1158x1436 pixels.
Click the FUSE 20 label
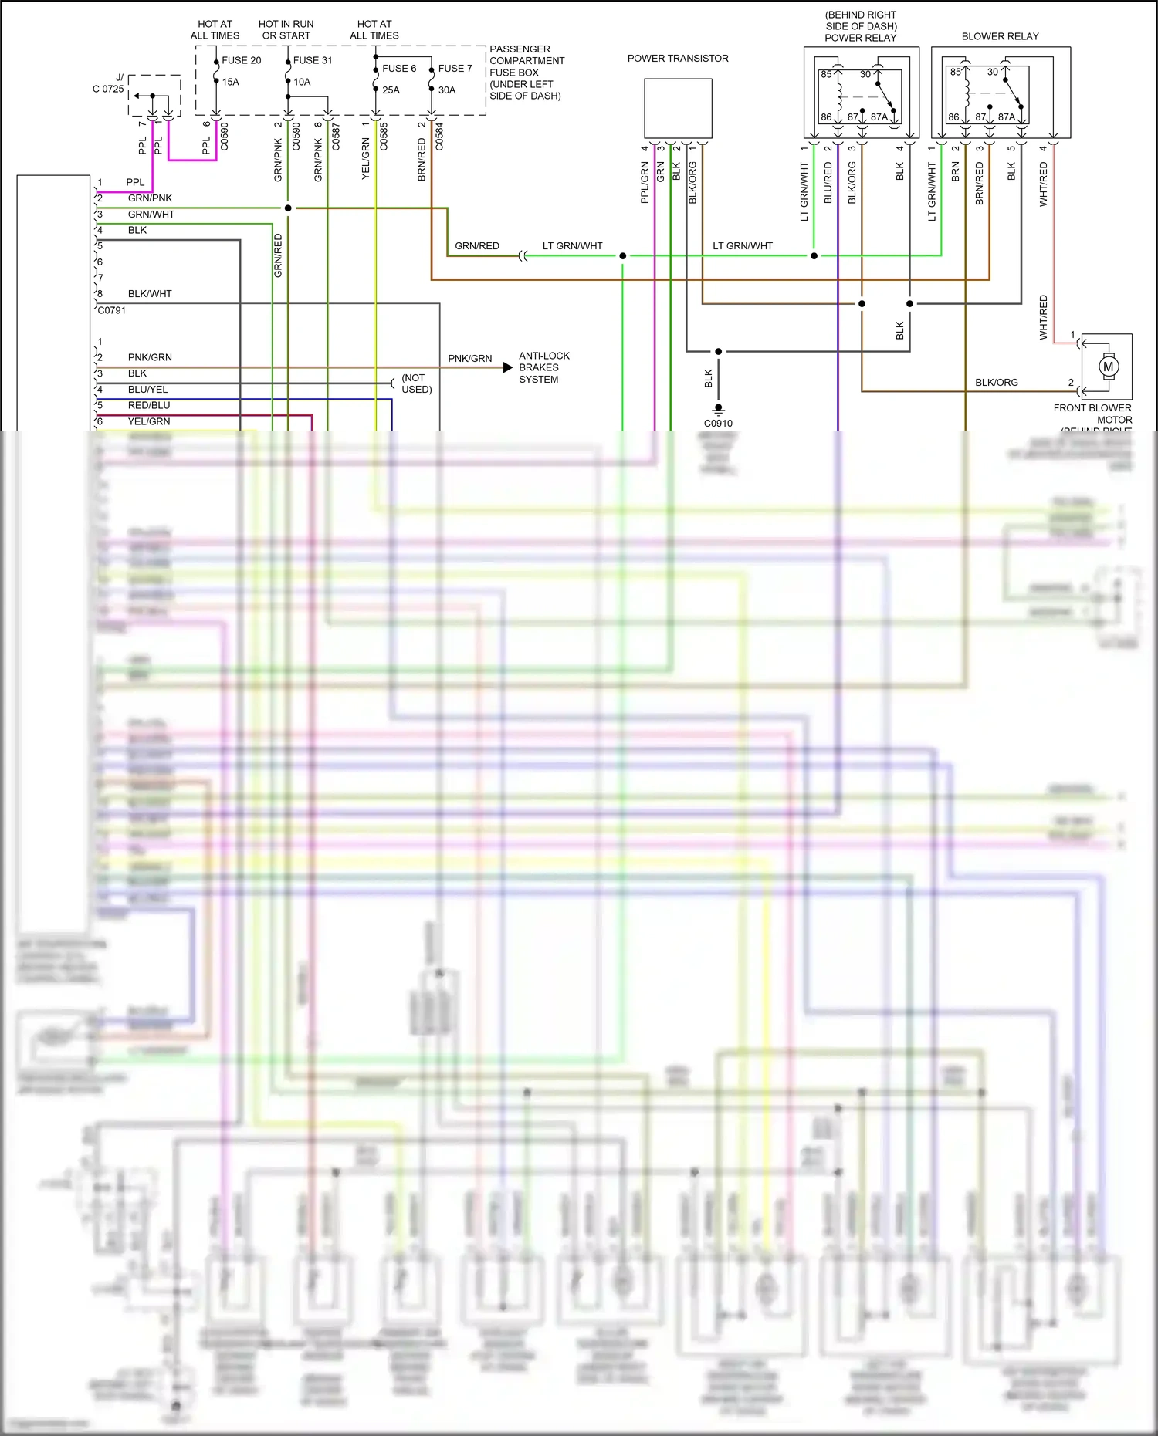tap(241, 60)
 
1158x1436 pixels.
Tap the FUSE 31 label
tap(312, 60)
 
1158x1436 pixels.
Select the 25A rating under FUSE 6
tap(391, 90)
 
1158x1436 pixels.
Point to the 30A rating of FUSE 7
tap(446, 90)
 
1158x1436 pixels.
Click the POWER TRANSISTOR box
tap(678, 109)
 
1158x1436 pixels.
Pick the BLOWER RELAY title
tap(1000, 36)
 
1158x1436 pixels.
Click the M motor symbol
tap(1108, 367)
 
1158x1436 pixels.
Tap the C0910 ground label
tap(718, 424)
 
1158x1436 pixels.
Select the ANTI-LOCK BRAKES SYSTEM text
tap(543, 367)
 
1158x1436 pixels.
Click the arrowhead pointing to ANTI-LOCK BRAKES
tap(507, 367)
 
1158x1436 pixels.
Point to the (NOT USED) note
tap(416, 383)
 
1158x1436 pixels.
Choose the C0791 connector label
tap(112, 310)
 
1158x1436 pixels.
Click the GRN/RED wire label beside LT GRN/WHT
tap(476, 246)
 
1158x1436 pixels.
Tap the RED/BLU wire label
tap(149, 405)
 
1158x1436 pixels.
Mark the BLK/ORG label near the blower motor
tap(996, 383)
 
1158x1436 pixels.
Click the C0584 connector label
tap(439, 137)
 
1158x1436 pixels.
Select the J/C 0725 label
tap(109, 83)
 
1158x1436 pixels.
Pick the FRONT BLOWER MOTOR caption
tap(1092, 414)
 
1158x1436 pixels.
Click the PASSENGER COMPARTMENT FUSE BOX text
tap(527, 73)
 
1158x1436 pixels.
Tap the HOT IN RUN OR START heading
tap(286, 30)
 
